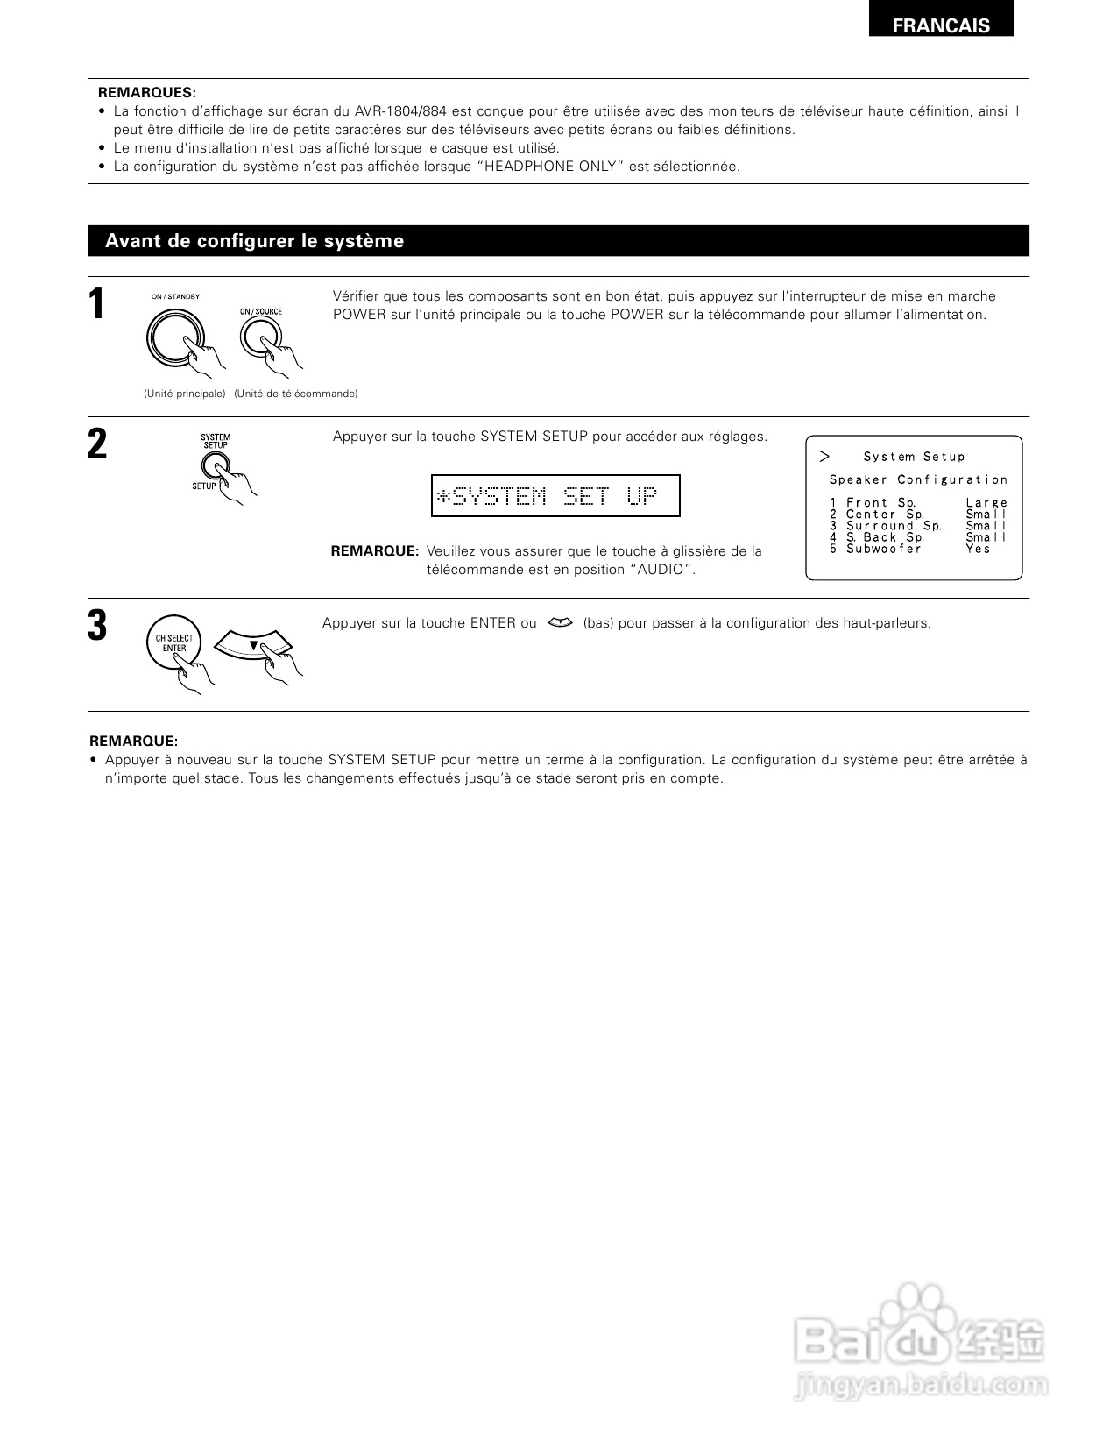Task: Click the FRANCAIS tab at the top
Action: point(941,25)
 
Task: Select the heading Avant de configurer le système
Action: point(254,241)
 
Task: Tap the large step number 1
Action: point(97,305)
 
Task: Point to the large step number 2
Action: point(97,444)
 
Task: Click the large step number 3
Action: point(97,627)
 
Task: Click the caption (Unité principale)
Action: point(184,394)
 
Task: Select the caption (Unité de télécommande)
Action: point(296,394)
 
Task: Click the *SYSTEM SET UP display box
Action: point(555,496)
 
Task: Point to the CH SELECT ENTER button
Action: point(173,644)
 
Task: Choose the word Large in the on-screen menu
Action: point(986,503)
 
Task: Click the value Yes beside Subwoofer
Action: point(978,549)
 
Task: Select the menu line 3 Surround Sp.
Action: point(887,526)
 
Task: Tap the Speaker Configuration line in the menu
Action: point(918,479)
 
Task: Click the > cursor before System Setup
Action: point(824,457)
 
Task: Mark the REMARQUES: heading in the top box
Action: point(147,92)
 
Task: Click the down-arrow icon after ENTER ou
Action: point(559,623)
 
